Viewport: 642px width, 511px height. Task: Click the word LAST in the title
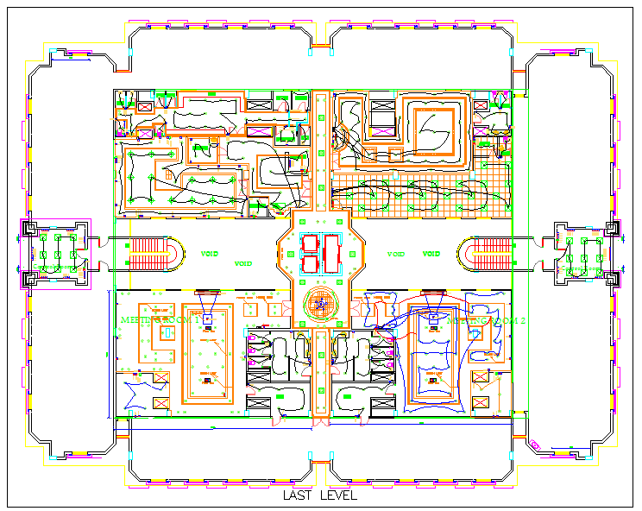pos(298,496)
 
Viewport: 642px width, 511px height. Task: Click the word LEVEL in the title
pos(338,496)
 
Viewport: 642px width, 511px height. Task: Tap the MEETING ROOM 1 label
pos(160,319)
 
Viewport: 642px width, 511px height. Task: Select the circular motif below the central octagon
pos(321,304)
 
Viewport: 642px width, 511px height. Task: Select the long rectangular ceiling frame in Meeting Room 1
pos(207,354)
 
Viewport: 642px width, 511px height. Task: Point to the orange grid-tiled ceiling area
pos(492,194)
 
